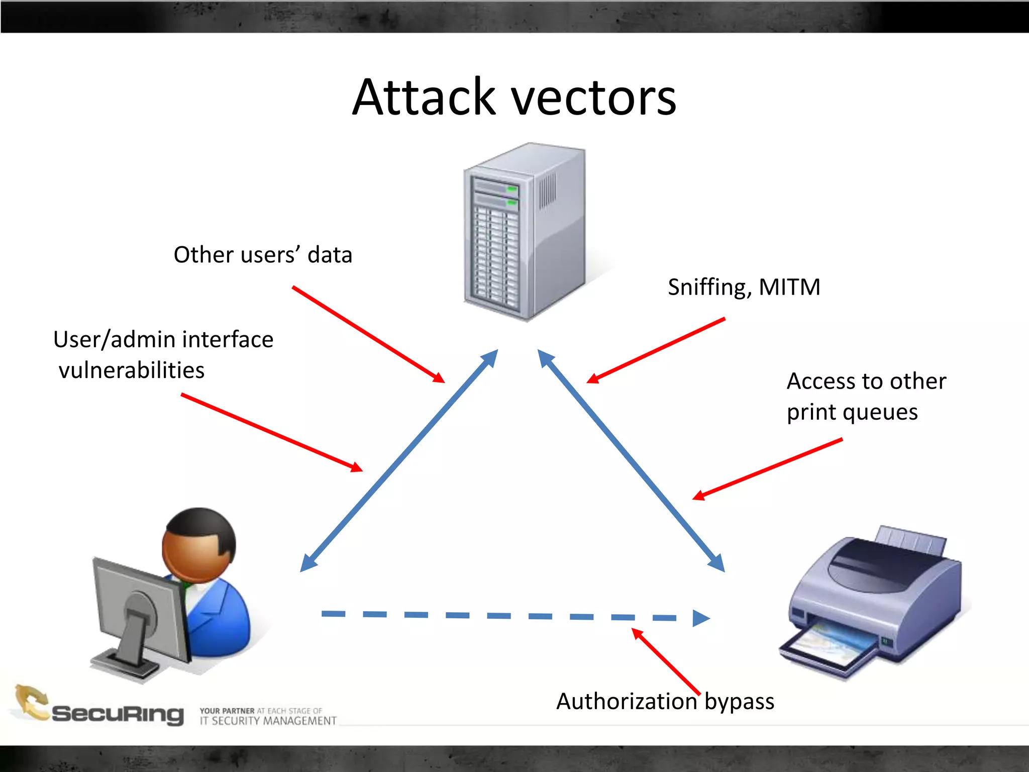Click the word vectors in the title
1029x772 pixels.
[x=593, y=98]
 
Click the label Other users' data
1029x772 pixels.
[x=263, y=255]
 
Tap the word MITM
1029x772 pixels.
[x=789, y=287]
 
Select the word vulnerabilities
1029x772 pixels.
[x=132, y=371]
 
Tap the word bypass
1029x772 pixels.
[x=739, y=702]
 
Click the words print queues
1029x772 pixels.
[x=852, y=412]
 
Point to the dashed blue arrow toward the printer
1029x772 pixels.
[x=512, y=616]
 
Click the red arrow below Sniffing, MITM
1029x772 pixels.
[x=656, y=350]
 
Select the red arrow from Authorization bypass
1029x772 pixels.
[x=666, y=661]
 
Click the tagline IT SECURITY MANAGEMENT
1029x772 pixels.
[x=268, y=721]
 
